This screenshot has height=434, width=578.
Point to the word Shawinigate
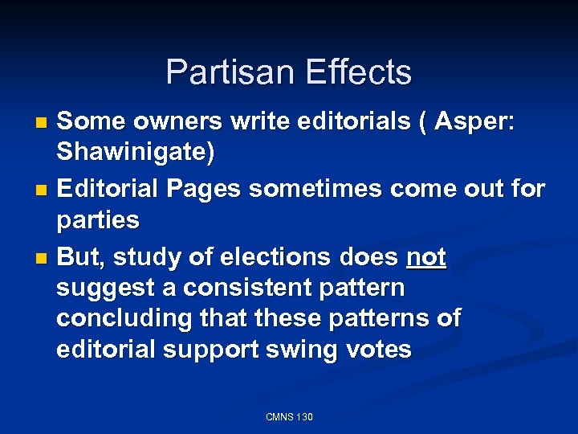point(135,153)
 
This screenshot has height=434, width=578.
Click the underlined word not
point(426,257)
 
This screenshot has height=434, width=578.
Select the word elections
point(283,257)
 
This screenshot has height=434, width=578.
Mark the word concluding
point(120,318)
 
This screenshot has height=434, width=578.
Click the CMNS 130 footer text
point(289,416)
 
